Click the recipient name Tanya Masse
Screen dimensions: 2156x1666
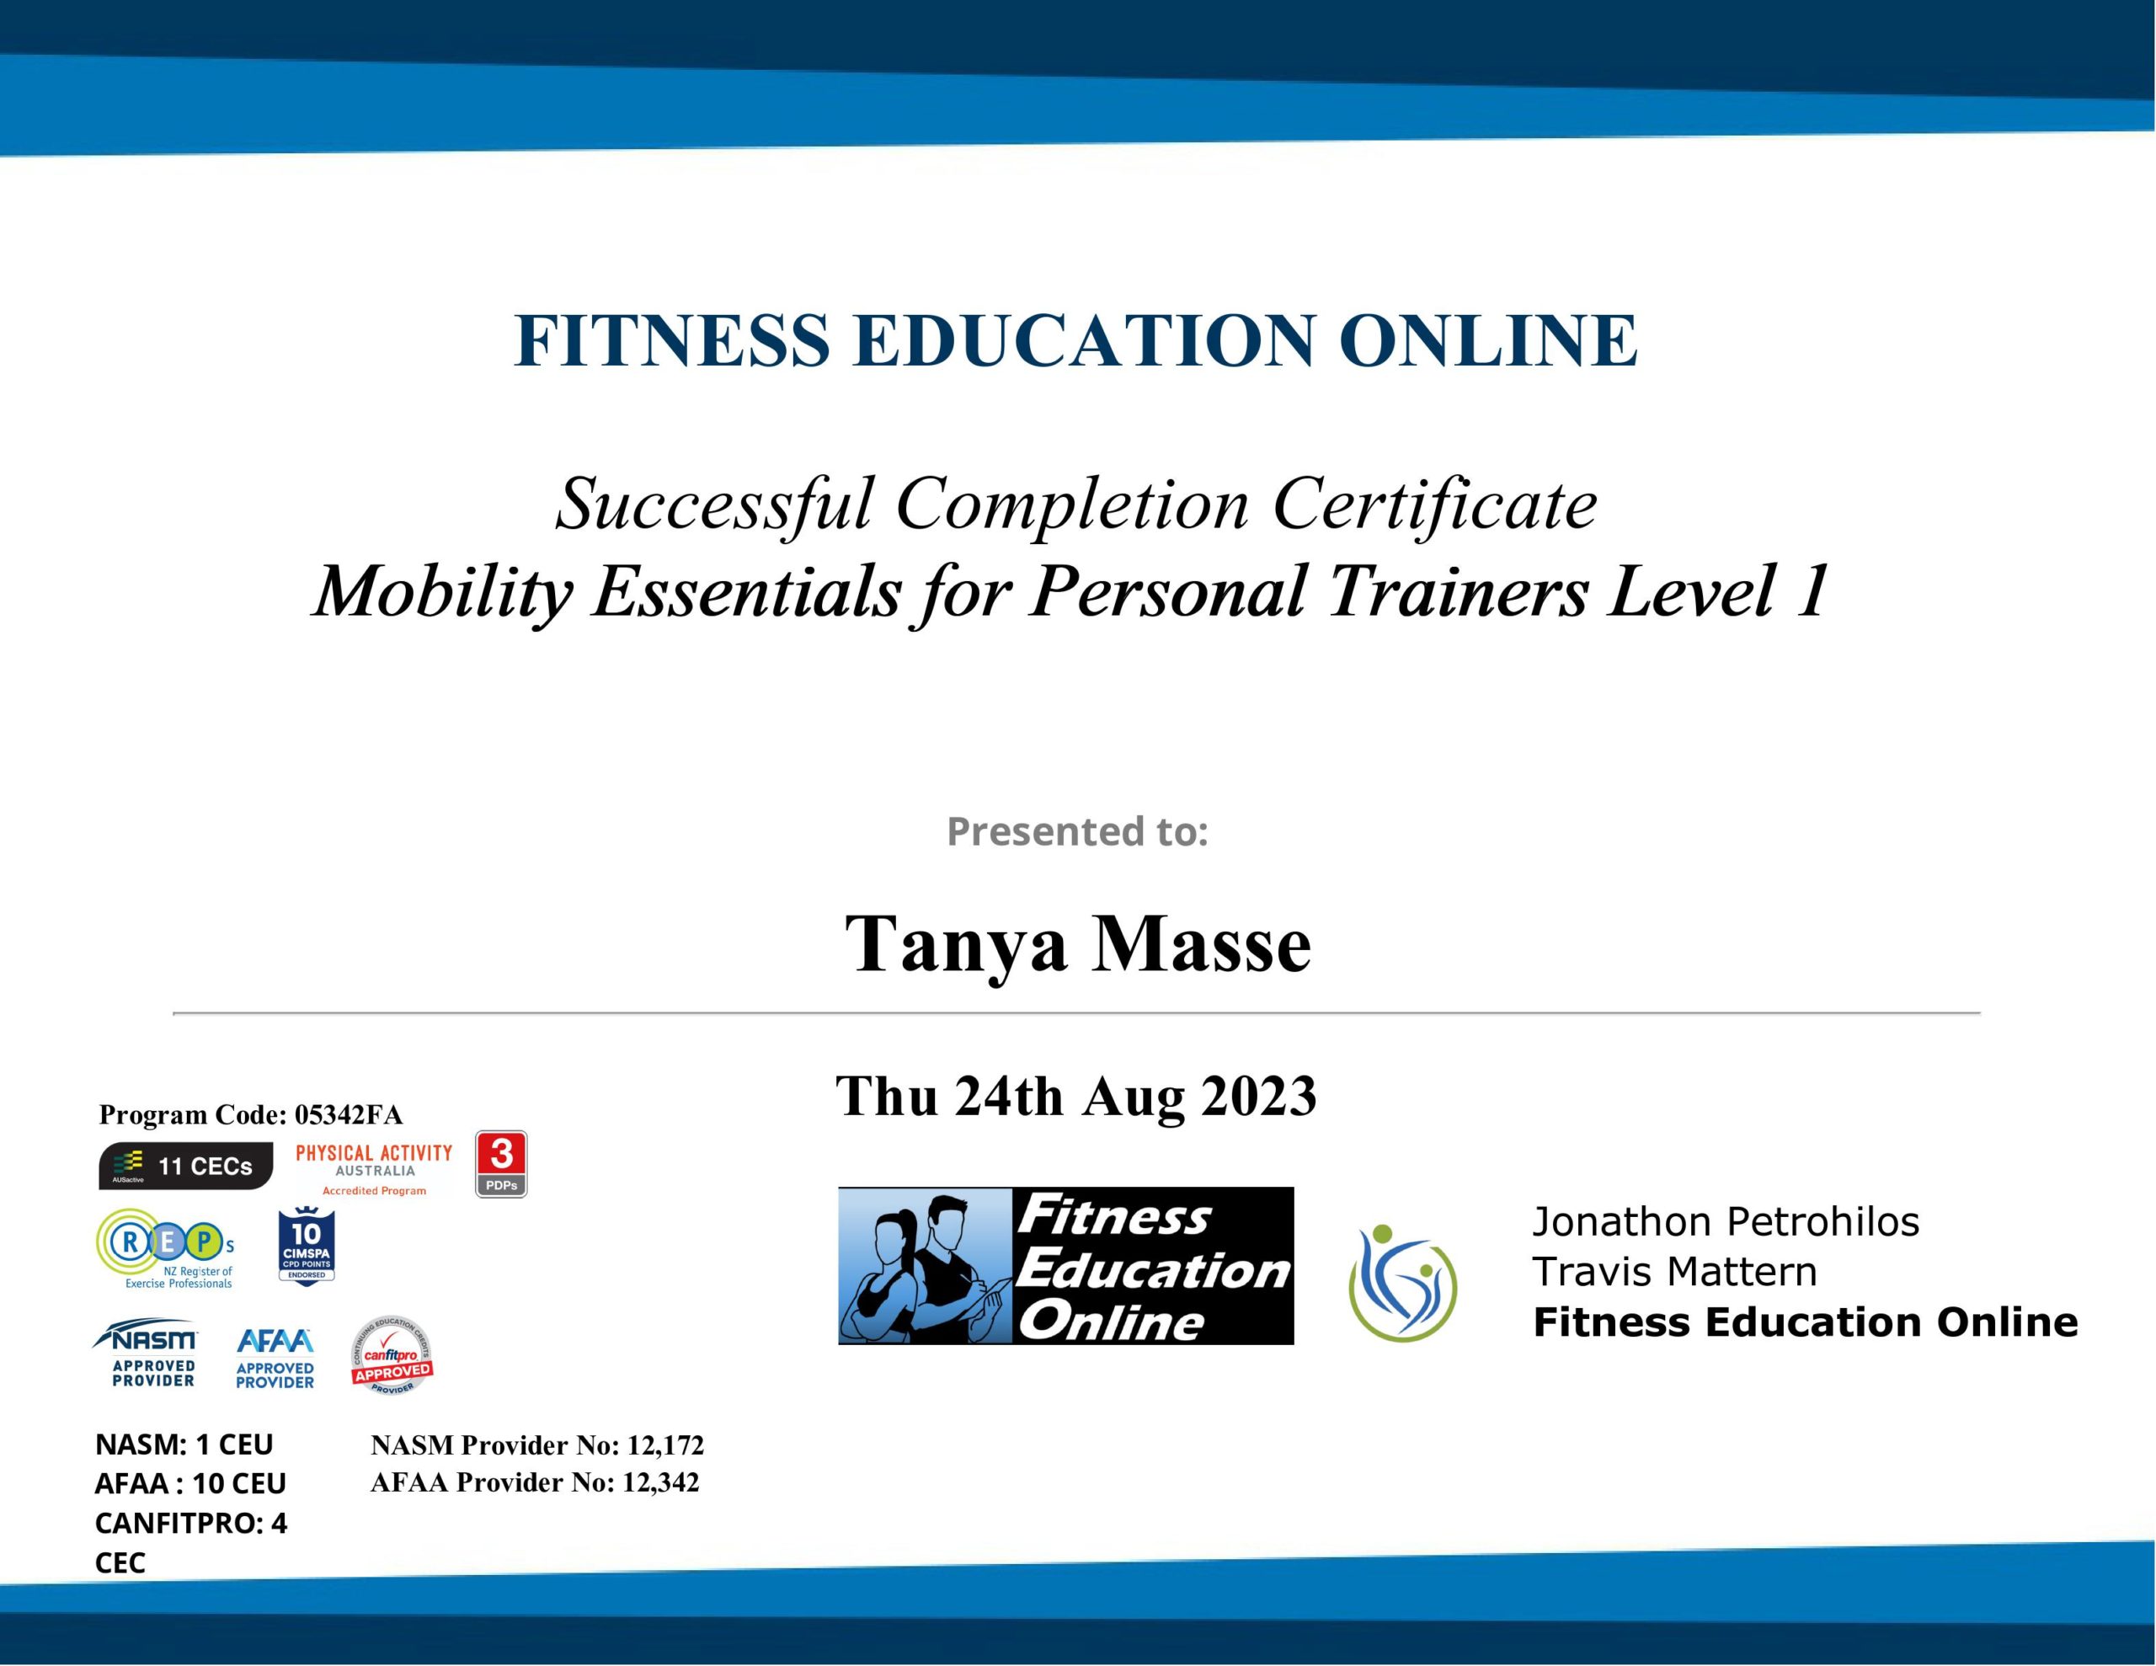click(x=1078, y=944)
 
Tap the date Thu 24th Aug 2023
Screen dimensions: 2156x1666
click(x=1076, y=1096)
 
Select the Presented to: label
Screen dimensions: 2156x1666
click(x=1077, y=831)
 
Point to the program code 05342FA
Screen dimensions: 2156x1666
click(x=349, y=1115)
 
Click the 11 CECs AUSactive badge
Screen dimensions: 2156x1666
click(x=185, y=1167)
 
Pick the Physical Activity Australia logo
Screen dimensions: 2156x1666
click(x=374, y=1169)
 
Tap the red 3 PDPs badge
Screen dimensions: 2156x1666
click(x=501, y=1164)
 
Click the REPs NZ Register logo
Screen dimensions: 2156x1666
click(x=166, y=1248)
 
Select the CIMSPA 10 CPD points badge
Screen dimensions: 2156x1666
click(x=307, y=1247)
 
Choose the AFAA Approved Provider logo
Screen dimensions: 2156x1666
click(x=275, y=1359)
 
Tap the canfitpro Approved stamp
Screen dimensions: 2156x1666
click(x=392, y=1355)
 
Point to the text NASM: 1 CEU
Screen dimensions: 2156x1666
click(x=184, y=1444)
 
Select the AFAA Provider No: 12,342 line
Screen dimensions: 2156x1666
click(x=535, y=1482)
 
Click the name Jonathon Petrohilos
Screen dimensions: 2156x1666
click(x=1726, y=1223)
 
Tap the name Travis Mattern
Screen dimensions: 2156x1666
click(x=1674, y=1272)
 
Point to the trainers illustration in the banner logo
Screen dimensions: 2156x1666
click(x=926, y=1266)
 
